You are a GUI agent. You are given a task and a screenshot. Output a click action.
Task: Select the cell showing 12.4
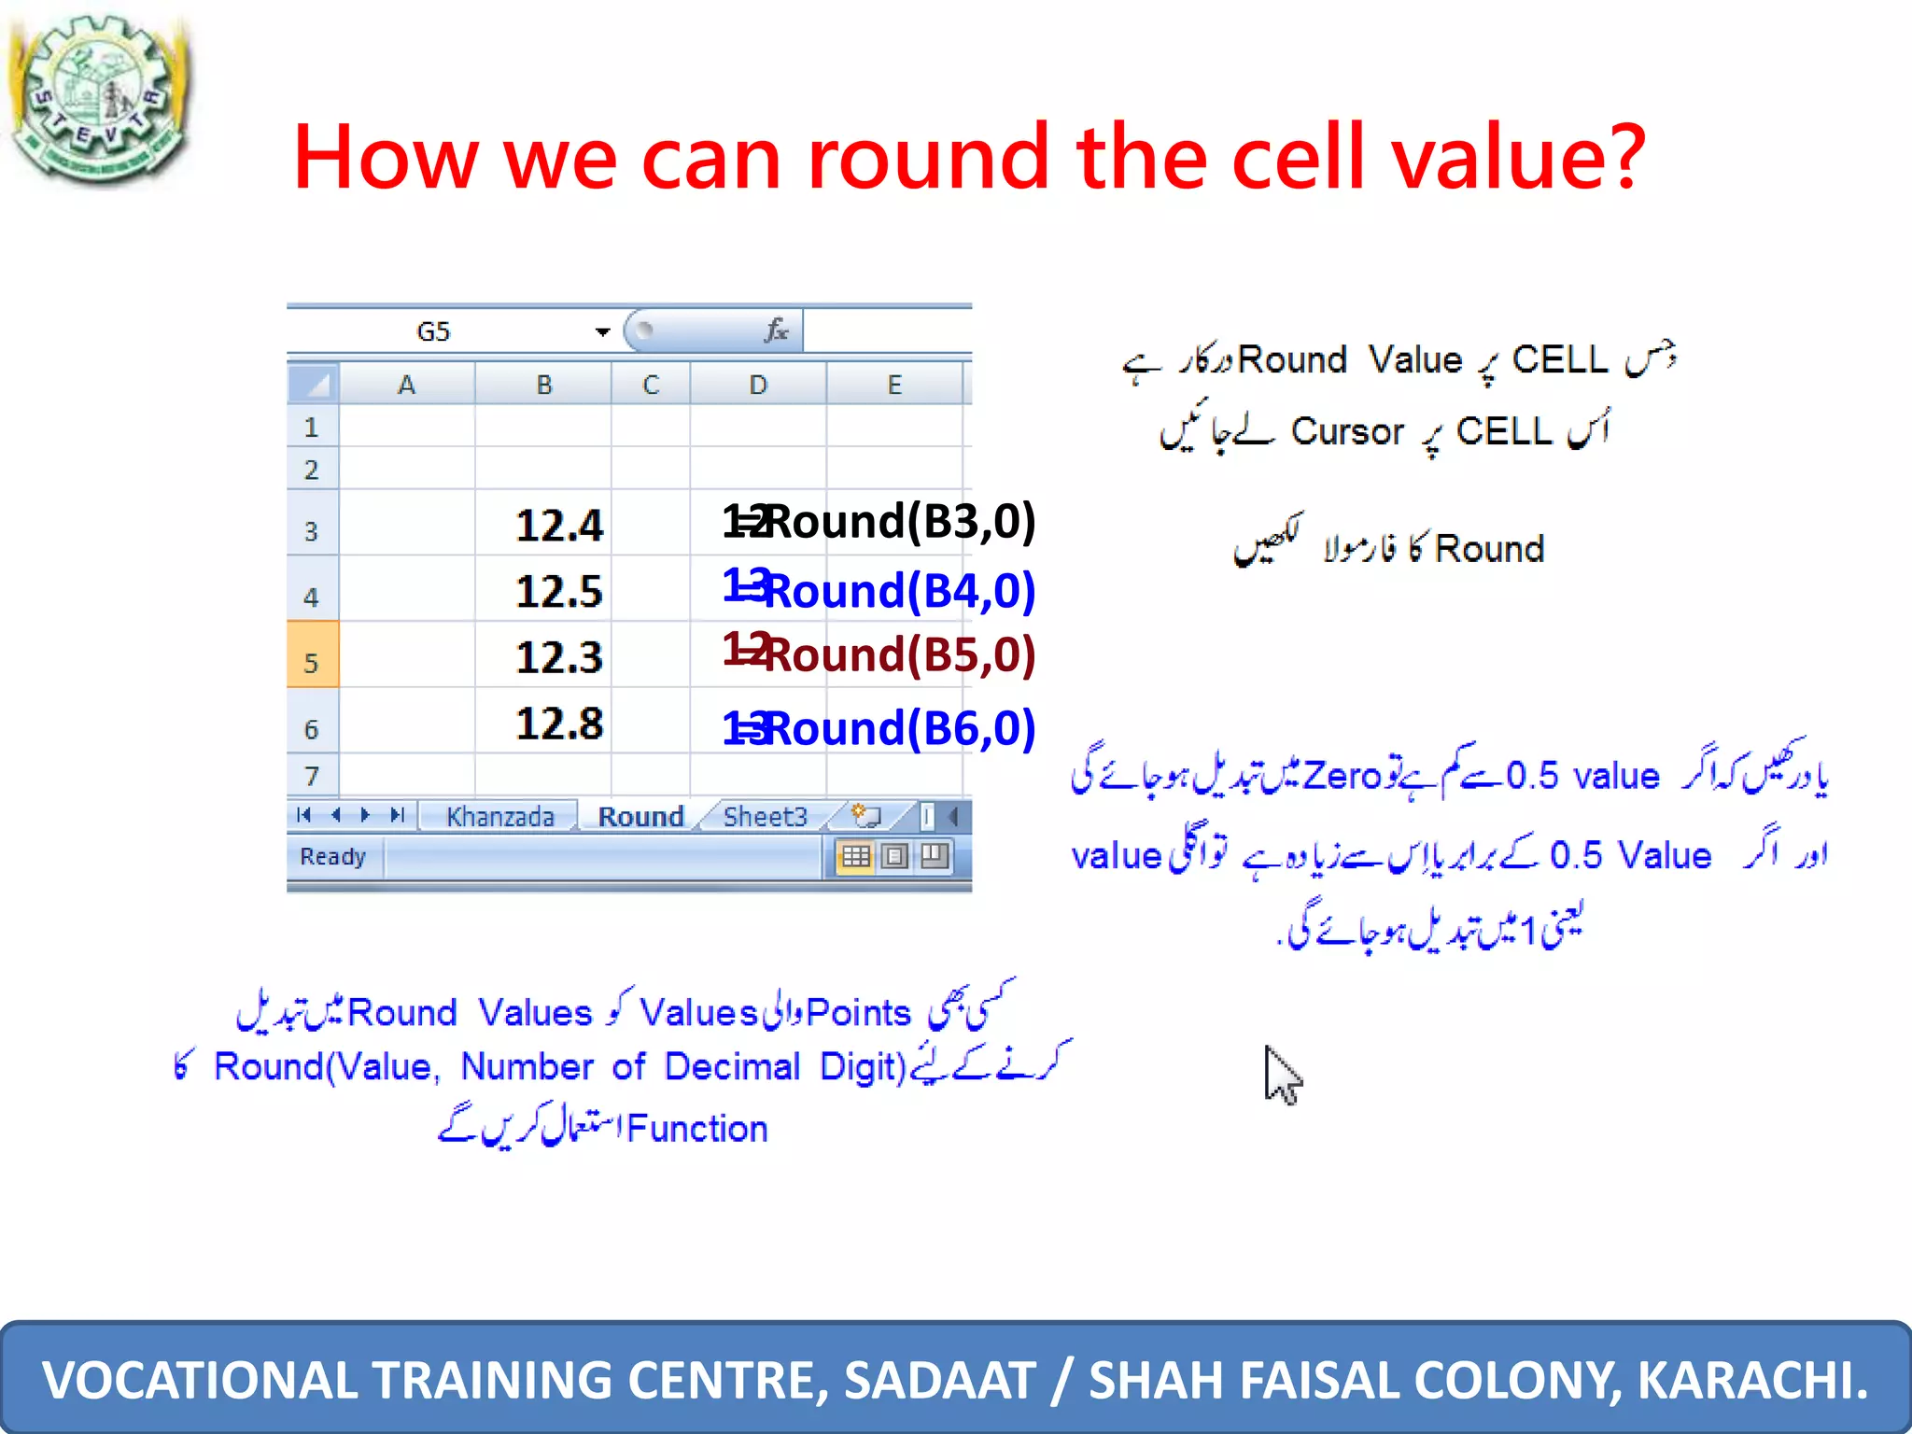[x=558, y=525]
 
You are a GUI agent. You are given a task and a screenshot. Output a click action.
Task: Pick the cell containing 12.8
[x=558, y=724]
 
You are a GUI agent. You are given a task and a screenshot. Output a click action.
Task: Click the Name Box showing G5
[x=433, y=331]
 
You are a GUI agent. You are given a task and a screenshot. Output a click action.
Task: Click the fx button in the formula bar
[x=776, y=330]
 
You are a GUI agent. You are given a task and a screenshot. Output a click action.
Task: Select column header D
[x=758, y=385]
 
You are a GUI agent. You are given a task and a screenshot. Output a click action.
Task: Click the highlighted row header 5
[x=312, y=663]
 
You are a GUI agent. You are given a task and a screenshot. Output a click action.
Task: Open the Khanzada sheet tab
[x=499, y=817]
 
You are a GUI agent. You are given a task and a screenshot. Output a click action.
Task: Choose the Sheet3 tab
[x=765, y=817]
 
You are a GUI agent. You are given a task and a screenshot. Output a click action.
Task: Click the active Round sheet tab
[x=640, y=817]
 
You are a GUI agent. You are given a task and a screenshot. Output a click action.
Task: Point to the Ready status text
[x=332, y=857]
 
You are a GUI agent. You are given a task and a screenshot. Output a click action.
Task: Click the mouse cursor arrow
[x=1281, y=1074]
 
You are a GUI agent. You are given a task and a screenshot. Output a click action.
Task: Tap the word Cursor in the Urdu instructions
[x=1347, y=432]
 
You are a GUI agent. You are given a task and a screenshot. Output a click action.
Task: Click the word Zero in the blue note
[x=1342, y=776]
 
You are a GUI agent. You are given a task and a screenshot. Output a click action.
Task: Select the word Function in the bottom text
[x=696, y=1129]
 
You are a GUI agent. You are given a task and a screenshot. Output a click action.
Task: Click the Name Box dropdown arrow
[x=602, y=331]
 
